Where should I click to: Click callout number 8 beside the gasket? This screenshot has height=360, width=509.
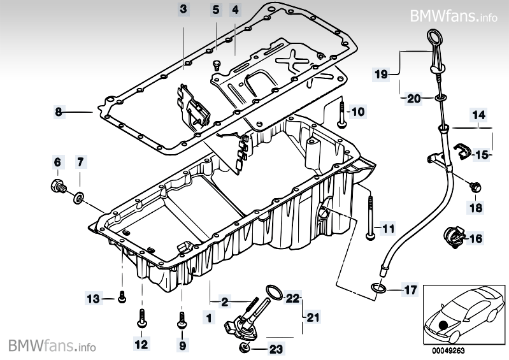click(x=58, y=113)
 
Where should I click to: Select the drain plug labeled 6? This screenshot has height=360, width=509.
click(x=56, y=187)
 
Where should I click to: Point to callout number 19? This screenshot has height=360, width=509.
click(x=381, y=75)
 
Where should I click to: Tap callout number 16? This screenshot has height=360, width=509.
click(x=475, y=240)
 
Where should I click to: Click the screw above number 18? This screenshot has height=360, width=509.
click(x=475, y=187)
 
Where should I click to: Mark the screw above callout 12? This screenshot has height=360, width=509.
click(x=141, y=318)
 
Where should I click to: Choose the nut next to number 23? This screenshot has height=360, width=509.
click(x=244, y=347)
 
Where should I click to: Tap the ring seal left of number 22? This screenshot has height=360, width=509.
click(x=274, y=292)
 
